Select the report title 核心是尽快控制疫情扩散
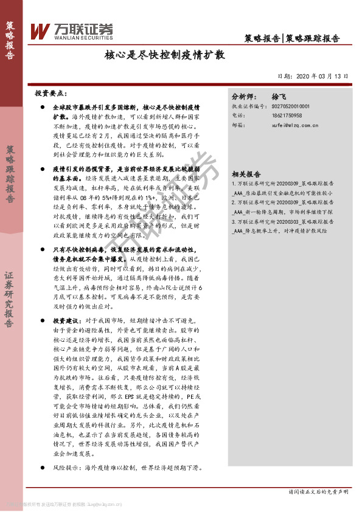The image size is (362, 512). click(x=165, y=55)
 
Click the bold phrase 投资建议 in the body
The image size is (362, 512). click(x=66, y=320)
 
